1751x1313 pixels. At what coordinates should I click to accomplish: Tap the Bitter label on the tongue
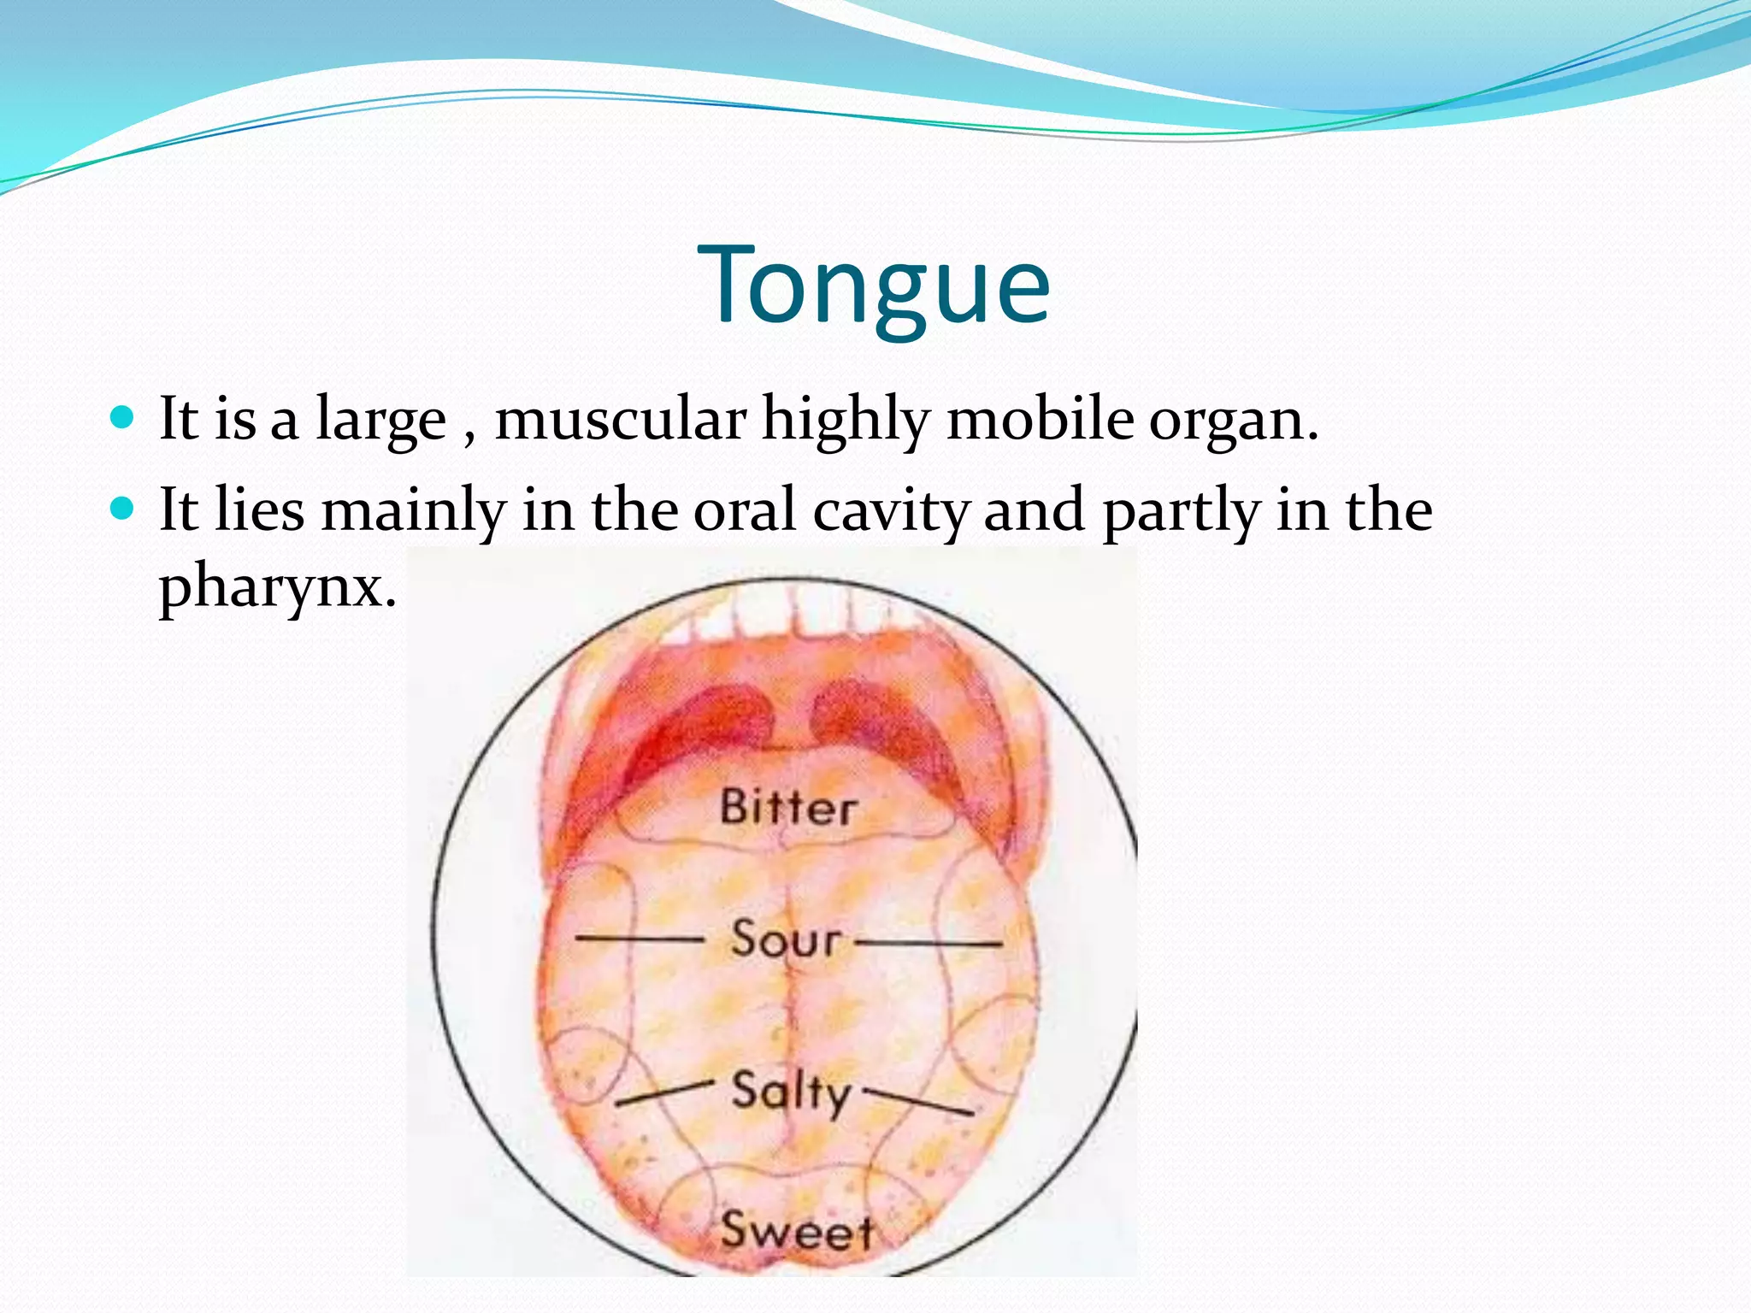787,808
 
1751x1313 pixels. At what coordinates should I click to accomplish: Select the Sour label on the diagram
786,939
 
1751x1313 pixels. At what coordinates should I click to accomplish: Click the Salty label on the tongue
791,1092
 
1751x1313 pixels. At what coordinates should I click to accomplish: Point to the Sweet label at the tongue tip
796,1232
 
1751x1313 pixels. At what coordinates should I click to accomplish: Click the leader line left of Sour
639,939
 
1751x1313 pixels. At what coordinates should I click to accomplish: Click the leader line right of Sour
929,944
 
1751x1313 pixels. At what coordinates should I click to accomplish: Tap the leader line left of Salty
663,1093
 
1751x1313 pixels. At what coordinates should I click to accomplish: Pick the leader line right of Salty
918,1102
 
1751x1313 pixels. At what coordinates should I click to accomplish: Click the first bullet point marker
124,418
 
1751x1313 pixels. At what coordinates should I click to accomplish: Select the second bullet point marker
124,509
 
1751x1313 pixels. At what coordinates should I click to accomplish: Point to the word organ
1232,421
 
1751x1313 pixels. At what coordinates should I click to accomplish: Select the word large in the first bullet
380,421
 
